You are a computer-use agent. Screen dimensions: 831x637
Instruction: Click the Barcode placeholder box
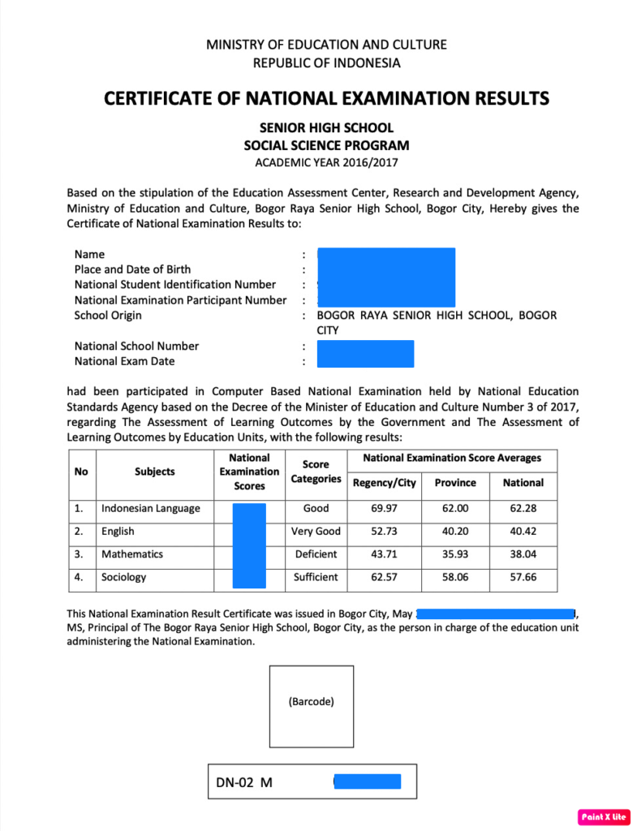(x=312, y=706)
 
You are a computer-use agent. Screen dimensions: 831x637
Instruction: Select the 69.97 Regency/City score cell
(x=385, y=509)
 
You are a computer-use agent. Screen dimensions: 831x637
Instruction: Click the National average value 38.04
(x=523, y=554)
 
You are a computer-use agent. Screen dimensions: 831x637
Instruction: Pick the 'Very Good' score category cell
(x=316, y=532)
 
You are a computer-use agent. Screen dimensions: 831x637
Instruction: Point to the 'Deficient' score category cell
(x=316, y=554)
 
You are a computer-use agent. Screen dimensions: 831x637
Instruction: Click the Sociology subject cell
(x=124, y=577)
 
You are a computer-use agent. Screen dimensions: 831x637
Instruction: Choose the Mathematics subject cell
(x=132, y=554)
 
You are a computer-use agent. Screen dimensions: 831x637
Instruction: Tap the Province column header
(x=455, y=483)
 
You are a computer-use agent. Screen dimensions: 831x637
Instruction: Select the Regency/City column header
(x=385, y=483)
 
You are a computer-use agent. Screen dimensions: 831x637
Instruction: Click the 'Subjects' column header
(x=155, y=471)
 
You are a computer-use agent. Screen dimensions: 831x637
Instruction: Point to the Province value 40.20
(x=455, y=532)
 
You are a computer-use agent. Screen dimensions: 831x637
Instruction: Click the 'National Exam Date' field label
(x=124, y=361)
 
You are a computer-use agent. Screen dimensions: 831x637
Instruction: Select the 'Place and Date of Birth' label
(x=133, y=269)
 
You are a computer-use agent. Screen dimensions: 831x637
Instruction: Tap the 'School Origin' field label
(x=108, y=316)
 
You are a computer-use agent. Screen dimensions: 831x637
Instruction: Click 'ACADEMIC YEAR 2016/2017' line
(x=326, y=163)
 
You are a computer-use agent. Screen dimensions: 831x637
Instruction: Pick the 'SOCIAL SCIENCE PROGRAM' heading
(x=326, y=146)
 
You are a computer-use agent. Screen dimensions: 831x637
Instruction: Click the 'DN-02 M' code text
(x=243, y=783)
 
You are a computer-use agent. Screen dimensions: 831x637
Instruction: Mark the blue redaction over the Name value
(x=385, y=255)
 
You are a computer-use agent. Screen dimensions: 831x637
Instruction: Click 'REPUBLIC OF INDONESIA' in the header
(x=326, y=62)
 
